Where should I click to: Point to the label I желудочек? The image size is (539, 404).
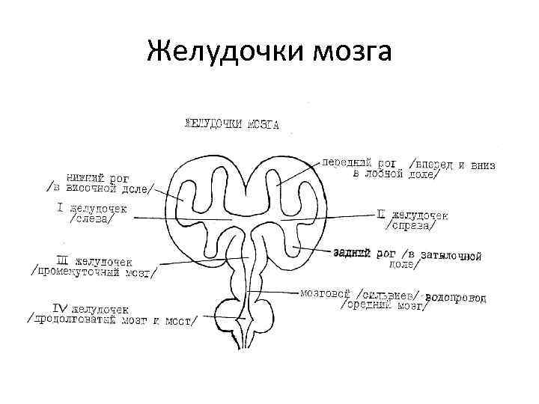pos(94,208)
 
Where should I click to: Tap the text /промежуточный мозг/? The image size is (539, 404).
pos(94,272)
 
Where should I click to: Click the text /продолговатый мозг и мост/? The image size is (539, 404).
pos(112,320)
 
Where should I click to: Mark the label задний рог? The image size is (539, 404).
pos(364,254)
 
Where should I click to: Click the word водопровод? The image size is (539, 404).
pos(456,297)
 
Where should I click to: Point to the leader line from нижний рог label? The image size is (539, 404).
pos(166,191)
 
